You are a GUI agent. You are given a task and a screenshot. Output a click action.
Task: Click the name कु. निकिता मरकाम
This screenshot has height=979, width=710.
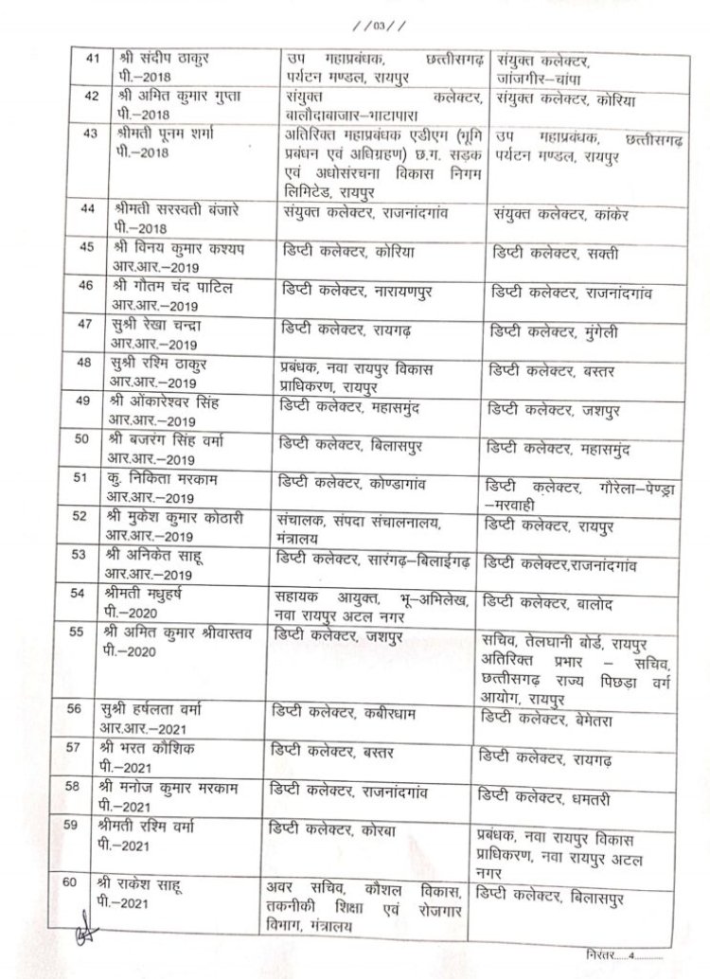tap(160, 479)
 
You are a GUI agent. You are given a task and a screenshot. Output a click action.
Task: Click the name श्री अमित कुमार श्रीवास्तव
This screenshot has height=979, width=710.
tap(182, 632)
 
